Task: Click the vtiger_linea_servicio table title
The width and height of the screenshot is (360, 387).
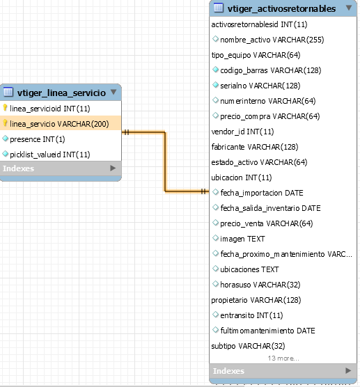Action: click(x=61, y=93)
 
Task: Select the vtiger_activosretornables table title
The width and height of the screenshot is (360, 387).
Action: click(x=281, y=9)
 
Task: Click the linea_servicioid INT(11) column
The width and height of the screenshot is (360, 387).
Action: click(x=50, y=109)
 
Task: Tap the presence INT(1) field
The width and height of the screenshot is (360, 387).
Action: click(x=38, y=139)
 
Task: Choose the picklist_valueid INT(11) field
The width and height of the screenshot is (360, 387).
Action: click(x=50, y=155)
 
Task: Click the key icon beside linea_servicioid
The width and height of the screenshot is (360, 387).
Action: click(x=5, y=108)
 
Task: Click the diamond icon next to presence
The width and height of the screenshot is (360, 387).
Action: click(x=5, y=139)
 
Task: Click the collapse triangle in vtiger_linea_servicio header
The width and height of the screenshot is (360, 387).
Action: click(x=114, y=92)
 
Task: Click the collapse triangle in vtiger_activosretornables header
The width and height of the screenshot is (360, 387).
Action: click(x=349, y=8)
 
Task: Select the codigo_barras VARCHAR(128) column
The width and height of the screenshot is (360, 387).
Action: click(x=271, y=70)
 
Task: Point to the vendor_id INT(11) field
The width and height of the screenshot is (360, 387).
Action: click(x=242, y=132)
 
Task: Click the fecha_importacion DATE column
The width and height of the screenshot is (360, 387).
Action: click(x=262, y=193)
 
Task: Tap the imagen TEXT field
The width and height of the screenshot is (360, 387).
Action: click(x=242, y=239)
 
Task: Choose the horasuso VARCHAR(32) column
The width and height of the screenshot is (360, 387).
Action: click(x=260, y=285)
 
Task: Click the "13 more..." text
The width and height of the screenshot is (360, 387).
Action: click(x=283, y=358)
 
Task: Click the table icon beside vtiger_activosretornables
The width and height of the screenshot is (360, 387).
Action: click(x=219, y=8)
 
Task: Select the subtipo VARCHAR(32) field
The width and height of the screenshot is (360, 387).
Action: click(x=248, y=346)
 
